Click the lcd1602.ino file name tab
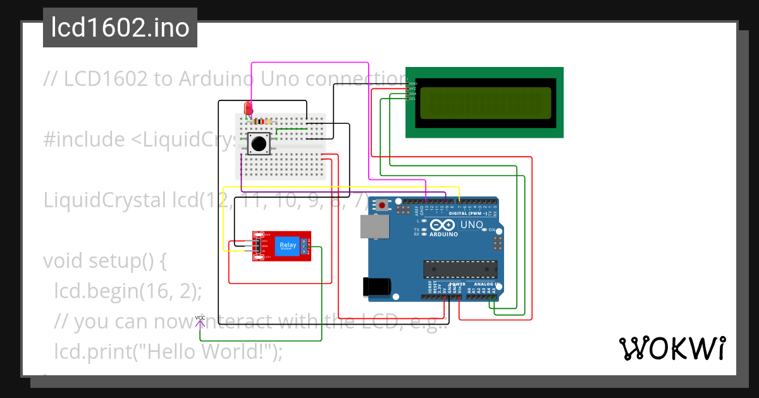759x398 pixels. [x=120, y=28]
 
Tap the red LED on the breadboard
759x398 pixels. [x=247, y=109]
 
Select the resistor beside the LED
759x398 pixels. [x=261, y=121]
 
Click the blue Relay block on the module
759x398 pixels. [x=288, y=246]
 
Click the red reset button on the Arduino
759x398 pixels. [x=383, y=205]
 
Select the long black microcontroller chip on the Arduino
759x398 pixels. [x=459, y=269]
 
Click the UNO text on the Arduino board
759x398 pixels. [x=471, y=224]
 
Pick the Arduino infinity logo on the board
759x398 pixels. [x=442, y=226]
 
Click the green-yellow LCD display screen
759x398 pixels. [x=485, y=102]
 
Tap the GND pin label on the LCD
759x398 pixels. [x=412, y=83]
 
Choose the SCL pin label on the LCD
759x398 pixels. [x=412, y=99]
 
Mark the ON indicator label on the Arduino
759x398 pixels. [x=492, y=230]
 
